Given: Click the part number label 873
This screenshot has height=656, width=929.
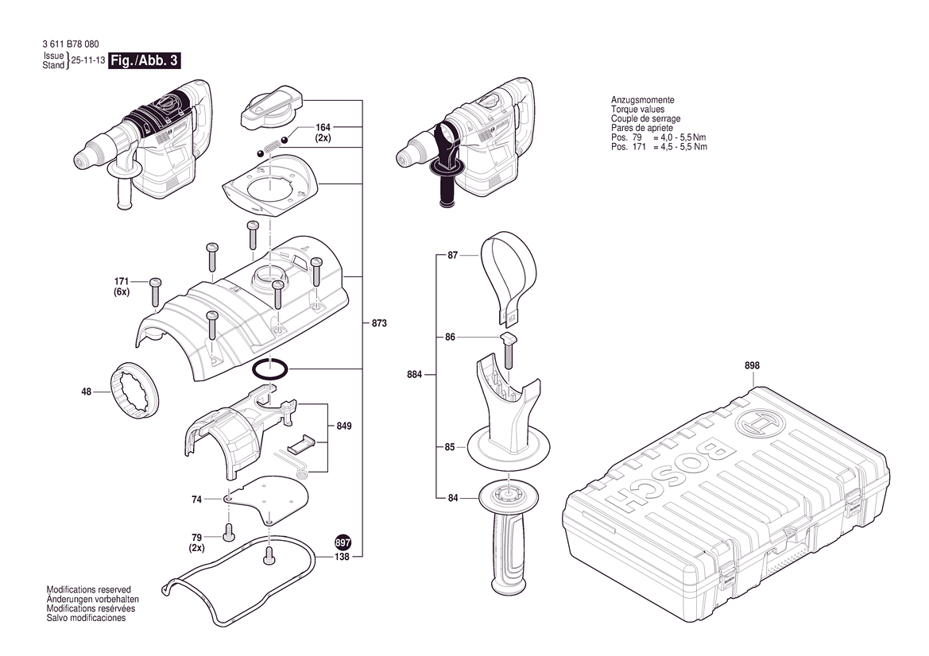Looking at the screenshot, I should coord(381,323).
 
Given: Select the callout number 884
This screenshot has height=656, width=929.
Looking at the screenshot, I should coord(413,374).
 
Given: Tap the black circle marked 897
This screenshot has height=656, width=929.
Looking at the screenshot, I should coord(343,543).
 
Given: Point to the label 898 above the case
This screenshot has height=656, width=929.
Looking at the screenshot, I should coord(752,365).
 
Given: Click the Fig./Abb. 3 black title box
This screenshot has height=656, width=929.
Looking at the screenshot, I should coord(142,62).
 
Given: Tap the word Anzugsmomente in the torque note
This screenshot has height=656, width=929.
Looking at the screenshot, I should coord(642,100).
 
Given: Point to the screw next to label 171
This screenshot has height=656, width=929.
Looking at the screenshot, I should coord(156,291).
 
